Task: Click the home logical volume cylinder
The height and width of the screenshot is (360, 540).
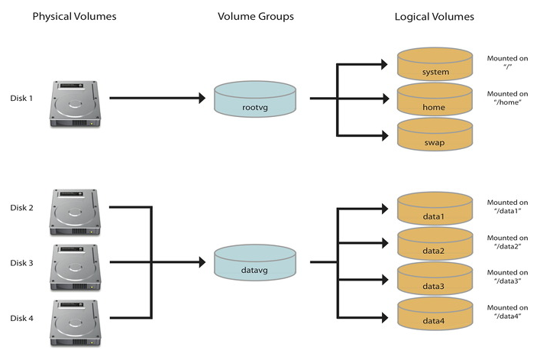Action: [435, 102]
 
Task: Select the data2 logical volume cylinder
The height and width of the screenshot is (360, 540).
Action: [435, 245]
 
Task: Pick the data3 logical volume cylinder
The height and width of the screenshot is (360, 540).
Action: [435, 281]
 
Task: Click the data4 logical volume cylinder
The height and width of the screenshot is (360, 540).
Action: [435, 316]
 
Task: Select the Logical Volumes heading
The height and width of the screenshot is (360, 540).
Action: [435, 17]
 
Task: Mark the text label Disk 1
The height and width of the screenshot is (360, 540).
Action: [22, 99]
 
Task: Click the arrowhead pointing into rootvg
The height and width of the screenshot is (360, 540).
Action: [202, 98]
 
